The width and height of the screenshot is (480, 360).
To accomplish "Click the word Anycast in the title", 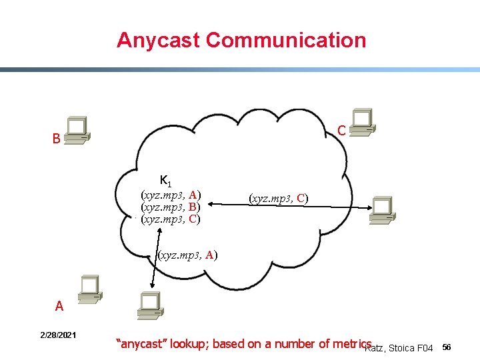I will point(159,40).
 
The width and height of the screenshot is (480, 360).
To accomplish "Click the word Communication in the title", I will point(287,40).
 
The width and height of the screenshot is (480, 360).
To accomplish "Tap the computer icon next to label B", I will point(77,131).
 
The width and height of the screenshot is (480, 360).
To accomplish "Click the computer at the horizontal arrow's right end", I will point(383,209).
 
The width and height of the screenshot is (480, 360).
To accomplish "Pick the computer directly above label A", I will point(89,289).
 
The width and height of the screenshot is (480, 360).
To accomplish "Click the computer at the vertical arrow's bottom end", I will point(150,305).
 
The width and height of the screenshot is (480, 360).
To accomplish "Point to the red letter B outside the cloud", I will point(57,140).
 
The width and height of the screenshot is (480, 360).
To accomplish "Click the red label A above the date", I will point(59,307).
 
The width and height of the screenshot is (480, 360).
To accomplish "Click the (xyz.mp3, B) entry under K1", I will point(171,207).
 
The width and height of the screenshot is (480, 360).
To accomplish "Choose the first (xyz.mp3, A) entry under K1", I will point(171,195).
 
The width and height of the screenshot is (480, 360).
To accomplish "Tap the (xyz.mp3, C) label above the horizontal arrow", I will point(278,198).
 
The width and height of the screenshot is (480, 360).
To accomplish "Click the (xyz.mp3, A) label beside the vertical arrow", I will point(187,254).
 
